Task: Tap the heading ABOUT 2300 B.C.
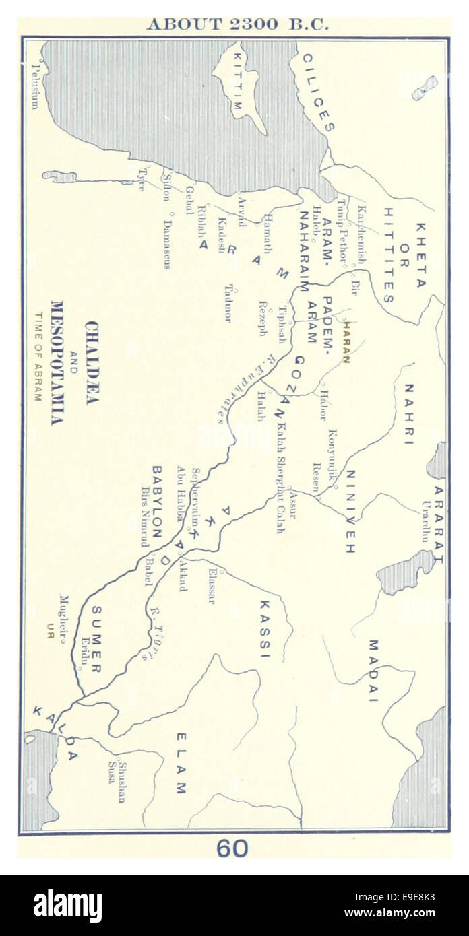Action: click(x=238, y=24)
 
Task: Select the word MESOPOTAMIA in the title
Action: click(x=57, y=362)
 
